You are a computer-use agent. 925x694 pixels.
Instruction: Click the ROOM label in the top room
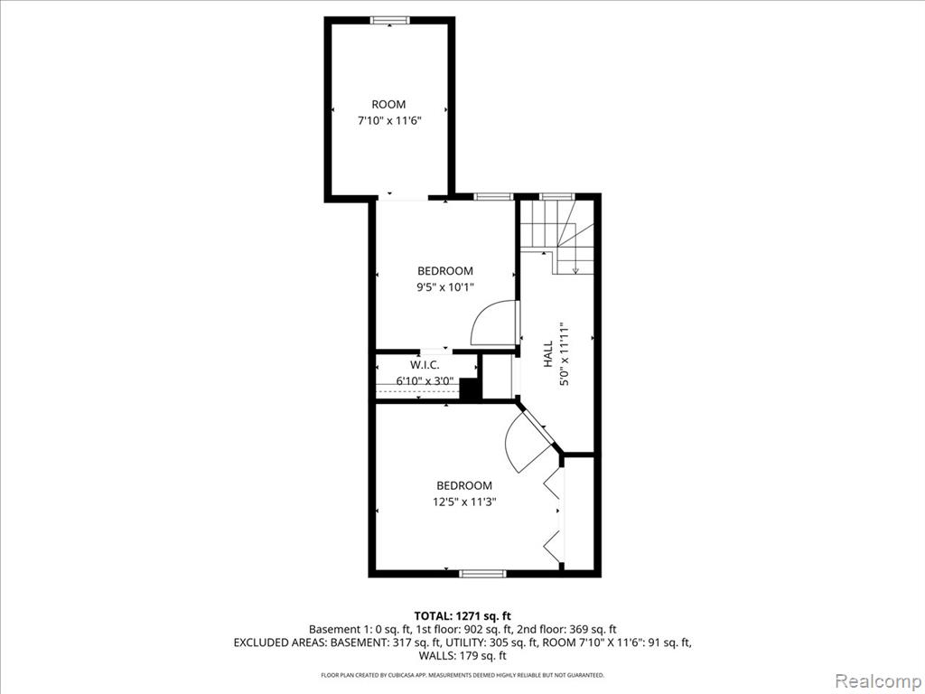[x=388, y=105]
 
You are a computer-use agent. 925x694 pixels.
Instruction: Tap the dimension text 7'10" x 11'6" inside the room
[x=388, y=121]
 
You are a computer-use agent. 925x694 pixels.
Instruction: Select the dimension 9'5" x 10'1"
[x=445, y=287]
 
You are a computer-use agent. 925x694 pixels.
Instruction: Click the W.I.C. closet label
[x=425, y=365]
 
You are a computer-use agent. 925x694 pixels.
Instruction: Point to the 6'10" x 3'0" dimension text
[x=425, y=381]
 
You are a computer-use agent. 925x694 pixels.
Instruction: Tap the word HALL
[x=548, y=353]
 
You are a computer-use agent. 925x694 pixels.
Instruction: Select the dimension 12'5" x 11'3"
[x=464, y=502]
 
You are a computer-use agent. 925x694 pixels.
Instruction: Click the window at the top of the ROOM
[x=389, y=20]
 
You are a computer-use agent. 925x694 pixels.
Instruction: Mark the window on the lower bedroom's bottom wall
[x=482, y=573]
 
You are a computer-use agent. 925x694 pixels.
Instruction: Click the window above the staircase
[x=556, y=196]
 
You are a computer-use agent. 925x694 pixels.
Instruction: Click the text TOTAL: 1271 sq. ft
[x=462, y=616]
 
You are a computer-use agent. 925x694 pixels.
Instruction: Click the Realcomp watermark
[x=877, y=680]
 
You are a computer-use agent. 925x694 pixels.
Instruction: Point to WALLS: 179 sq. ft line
[x=462, y=655]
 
